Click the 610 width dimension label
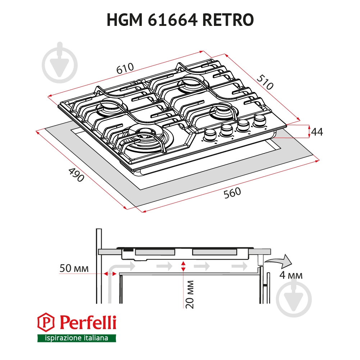tap(125, 68)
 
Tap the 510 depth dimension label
tap(265, 82)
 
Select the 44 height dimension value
tap(317, 132)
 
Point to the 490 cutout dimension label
tap(76, 175)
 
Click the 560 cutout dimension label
tap(232, 193)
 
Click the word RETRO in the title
tap(228, 20)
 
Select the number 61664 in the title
tap(172, 20)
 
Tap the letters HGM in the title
tap(124, 20)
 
